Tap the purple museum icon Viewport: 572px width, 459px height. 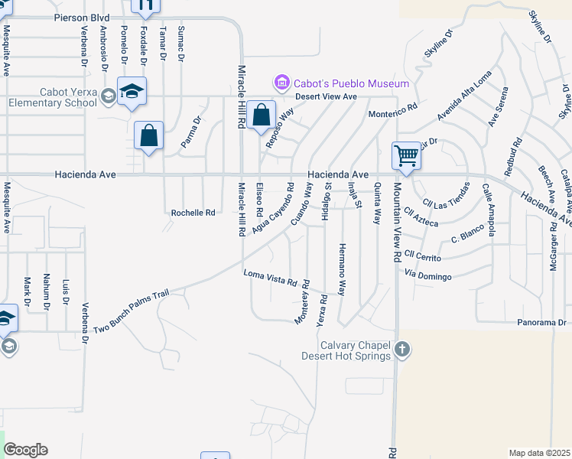point(281,83)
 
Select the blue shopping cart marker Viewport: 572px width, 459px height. point(406,155)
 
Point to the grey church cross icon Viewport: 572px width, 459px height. point(403,351)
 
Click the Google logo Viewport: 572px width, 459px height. point(25,450)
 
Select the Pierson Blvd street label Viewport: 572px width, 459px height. point(82,17)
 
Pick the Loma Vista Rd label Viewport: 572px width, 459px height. point(269,278)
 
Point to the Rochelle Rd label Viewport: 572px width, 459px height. point(193,213)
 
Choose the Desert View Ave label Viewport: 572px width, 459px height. point(328,96)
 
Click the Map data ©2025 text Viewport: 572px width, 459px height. point(539,453)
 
